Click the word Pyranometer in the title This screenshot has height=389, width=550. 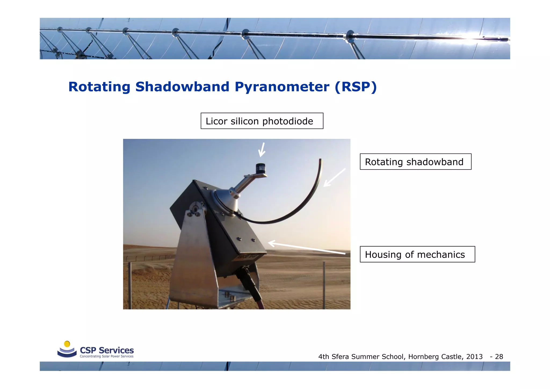[x=282, y=87]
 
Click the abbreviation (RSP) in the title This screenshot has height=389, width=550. [x=356, y=87]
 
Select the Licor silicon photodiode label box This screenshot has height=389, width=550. [x=262, y=121]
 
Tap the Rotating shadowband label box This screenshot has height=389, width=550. [x=415, y=162]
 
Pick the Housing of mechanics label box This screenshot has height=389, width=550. [x=417, y=254]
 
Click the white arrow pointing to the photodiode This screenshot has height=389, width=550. [x=262, y=150]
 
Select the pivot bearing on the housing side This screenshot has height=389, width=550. [x=195, y=208]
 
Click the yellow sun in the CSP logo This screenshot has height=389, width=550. [x=67, y=344]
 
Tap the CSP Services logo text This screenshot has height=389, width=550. [x=107, y=350]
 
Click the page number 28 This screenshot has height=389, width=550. [x=499, y=357]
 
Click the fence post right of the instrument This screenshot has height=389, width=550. [x=324, y=285]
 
